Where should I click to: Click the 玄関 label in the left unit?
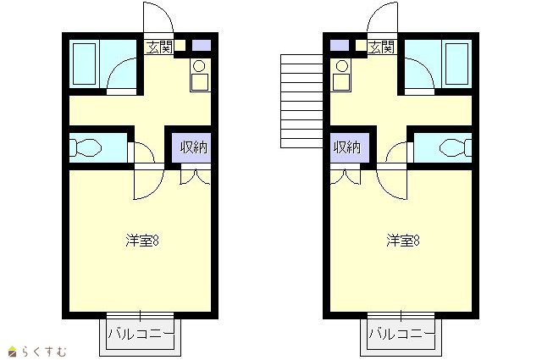click(159, 47)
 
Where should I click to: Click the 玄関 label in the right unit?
click(381, 47)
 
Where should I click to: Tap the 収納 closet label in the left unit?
click(194, 147)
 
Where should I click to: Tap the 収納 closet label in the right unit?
click(346, 147)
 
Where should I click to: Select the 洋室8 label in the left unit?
click(142, 241)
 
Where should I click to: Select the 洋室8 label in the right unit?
click(403, 241)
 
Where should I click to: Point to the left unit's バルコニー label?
click(141, 334)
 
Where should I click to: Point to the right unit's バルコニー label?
click(401, 334)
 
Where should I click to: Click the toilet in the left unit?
click(86, 147)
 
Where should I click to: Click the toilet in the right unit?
click(456, 147)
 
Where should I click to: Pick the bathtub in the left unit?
click(85, 64)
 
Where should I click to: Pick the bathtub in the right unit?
click(457, 64)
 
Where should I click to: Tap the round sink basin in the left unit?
click(199, 66)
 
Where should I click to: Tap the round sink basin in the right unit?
click(342, 66)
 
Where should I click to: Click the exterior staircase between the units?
click(301, 102)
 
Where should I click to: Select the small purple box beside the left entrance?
click(202, 45)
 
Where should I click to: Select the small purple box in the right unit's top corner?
click(340, 45)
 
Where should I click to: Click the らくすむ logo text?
click(44, 352)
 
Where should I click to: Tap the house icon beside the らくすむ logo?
click(13, 351)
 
